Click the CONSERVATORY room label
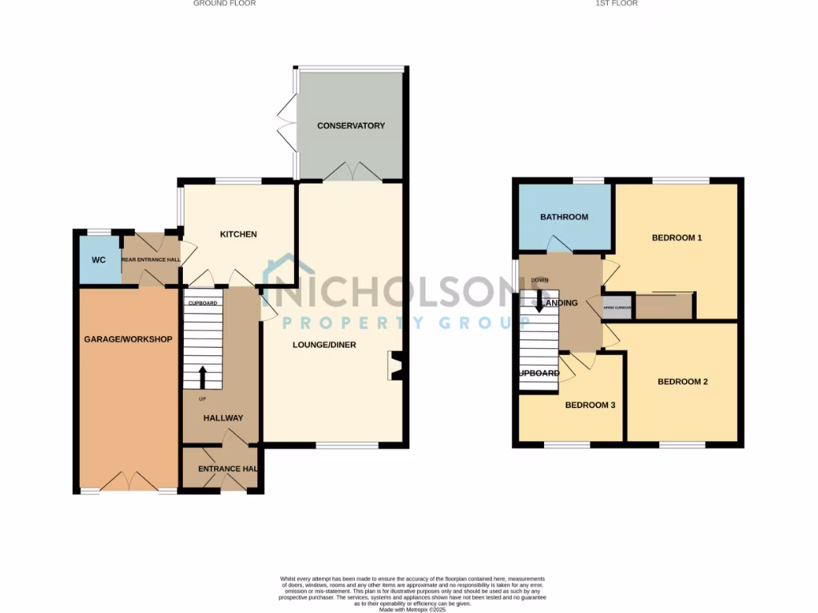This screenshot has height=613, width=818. pos(351,126)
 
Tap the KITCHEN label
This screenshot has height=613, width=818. pos(239,235)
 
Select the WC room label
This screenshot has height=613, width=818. pos(98,260)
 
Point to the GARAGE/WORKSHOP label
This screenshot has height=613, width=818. pos(129,339)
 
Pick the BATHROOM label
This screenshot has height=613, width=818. pos(564,217)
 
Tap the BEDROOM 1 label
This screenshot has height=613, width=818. pos(677,237)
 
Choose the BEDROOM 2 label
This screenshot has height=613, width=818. pos(682,382)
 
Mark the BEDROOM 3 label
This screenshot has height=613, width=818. pos(590,405)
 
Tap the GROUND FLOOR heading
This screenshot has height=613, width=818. pos(224,3)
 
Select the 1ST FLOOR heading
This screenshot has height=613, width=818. pos(617,3)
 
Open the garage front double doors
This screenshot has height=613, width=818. pos(129,482)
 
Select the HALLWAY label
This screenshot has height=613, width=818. pos(223,418)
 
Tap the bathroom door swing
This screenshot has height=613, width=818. pos(559,244)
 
